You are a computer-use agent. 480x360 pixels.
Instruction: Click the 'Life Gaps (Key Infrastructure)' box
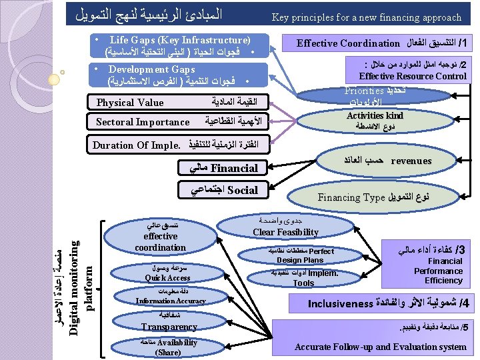(178, 45)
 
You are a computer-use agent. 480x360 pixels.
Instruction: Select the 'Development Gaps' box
(178, 75)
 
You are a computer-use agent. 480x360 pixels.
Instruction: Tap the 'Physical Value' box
(178, 103)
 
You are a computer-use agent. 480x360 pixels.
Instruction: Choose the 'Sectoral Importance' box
(178, 122)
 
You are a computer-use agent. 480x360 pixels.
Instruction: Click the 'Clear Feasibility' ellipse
(285, 227)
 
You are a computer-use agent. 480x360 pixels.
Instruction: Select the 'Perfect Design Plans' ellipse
(300, 255)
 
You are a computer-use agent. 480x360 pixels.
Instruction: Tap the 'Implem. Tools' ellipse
(303, 278)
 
